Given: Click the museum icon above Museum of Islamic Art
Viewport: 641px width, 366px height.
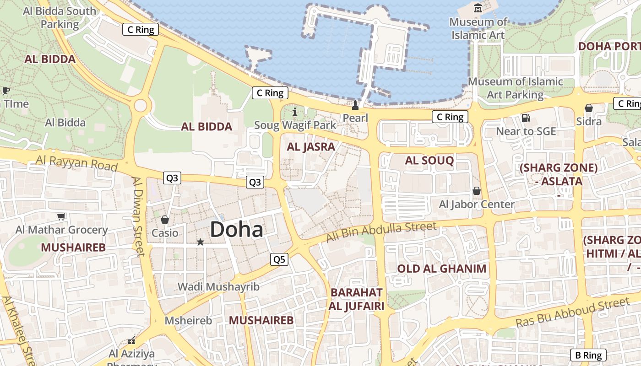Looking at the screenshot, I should tap(478, 8).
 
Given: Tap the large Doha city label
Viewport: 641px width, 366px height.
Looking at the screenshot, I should tap(237, 229).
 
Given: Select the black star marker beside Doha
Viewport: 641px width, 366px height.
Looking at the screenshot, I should tap(200, 242).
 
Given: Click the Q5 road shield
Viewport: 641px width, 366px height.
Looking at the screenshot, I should tap(279, 259).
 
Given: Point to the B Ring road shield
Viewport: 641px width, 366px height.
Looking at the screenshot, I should tap(588, 355).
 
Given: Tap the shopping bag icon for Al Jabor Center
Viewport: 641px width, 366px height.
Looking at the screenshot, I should tap(477, 190).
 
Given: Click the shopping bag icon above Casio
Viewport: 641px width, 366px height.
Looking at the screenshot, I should tap(165, 220).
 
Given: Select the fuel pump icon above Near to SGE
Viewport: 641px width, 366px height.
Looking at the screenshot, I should tap(526, 118).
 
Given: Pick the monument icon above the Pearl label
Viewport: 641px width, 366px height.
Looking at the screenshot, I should tap(355, 106).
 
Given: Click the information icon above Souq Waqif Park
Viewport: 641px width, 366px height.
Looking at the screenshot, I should tap(294, 111).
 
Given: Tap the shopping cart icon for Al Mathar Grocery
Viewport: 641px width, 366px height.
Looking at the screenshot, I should tap(61, 216).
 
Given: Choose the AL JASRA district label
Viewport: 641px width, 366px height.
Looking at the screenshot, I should tap(311, 147).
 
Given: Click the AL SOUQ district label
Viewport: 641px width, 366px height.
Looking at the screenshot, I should tap(429, 160).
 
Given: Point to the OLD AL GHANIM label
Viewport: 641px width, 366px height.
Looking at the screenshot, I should tap(441, 269).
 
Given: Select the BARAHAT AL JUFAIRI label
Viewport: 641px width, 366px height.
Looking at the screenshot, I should tap(356, 299).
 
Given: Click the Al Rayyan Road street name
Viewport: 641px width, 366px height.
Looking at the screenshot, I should tap(76, 162).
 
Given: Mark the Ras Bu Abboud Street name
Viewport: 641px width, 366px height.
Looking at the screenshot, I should tap(573, 312).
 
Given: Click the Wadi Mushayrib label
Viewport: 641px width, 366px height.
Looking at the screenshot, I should tap(218, 287).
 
